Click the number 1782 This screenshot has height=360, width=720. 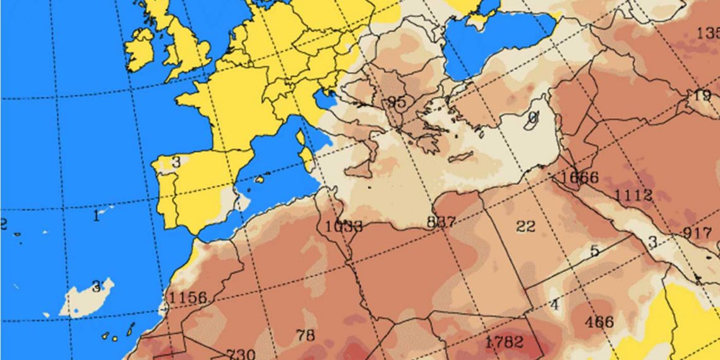tap(504, 342)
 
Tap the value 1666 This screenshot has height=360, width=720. tap(579, 177)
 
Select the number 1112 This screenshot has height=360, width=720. tap(633, 195)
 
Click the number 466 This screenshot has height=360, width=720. tap(598, 321)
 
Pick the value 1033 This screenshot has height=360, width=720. tap(344, 226)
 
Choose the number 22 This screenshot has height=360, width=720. tap(525, 226)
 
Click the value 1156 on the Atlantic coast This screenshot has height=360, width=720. tap(188, 297)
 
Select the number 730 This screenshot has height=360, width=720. tap(241, 354)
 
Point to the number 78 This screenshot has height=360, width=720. tap(305, 335)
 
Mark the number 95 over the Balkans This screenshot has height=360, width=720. tap(397, 102)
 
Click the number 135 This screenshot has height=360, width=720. tap(707, 33)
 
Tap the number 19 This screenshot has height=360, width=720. tap(702, 95)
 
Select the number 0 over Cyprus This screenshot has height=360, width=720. tap(532, 117)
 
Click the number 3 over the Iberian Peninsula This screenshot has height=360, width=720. tap(176, 162)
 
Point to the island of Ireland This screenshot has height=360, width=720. tap(140, 49)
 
